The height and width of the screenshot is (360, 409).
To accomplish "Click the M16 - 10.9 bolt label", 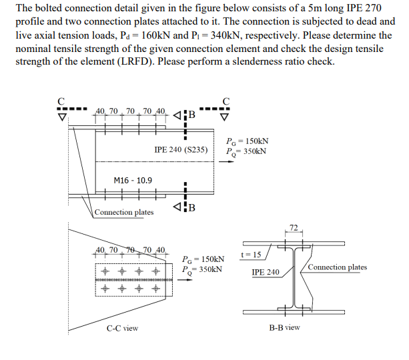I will [133, 180].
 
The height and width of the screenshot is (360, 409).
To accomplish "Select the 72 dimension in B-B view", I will [294, 228].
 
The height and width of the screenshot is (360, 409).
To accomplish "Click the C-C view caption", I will [122, 328].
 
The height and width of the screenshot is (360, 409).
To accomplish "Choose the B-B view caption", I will [284, 327].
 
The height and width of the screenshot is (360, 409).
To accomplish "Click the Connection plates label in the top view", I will [123, 213].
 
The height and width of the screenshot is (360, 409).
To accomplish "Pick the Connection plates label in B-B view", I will [337, 267].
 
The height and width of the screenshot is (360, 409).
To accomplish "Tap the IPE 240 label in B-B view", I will [266, 272].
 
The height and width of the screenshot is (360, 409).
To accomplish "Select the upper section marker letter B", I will [191, 113].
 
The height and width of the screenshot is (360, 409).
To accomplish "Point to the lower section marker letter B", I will [191, 206].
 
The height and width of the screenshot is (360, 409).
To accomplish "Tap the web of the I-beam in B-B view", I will [294, 277].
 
